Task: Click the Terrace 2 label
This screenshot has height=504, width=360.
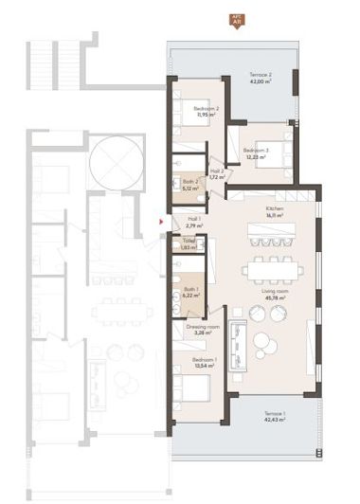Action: pyautogui.click(x=261, y=74)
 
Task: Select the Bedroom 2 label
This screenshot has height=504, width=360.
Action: pyautogui.click(x=206, y=109)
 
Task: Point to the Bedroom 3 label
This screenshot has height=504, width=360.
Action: pyautogui.click(x=256, y=151)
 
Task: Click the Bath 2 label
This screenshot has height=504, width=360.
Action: pyautogui.click(x=189, y=182)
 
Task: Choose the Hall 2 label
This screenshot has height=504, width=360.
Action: pyautogui.click(x=216, y=171)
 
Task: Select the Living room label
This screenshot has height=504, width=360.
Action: pyautogui.click(x=276, y=293)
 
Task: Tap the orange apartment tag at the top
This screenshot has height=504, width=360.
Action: pyautogui.click(x=236, y=20)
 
